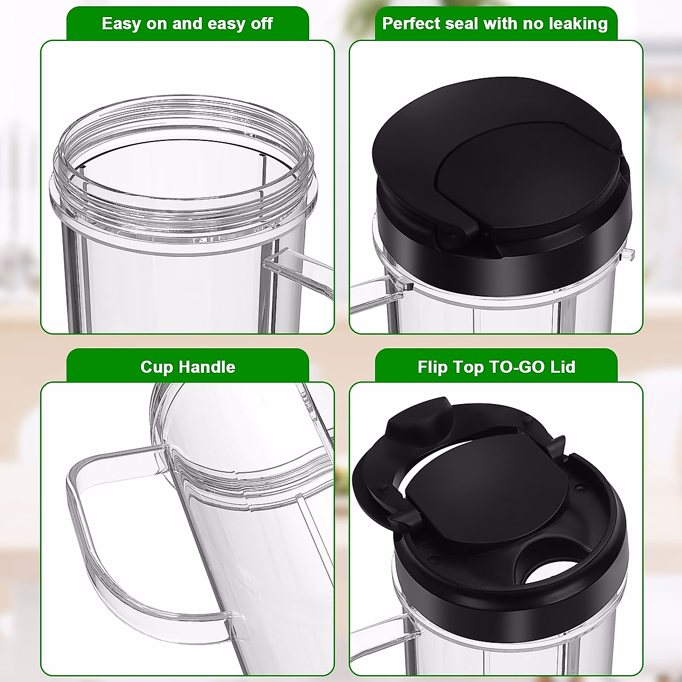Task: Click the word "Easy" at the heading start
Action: pos(122,24)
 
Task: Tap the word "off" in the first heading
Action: pos(259,24)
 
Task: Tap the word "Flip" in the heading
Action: pos(433,367)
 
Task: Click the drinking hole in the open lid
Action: pos(548,568)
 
